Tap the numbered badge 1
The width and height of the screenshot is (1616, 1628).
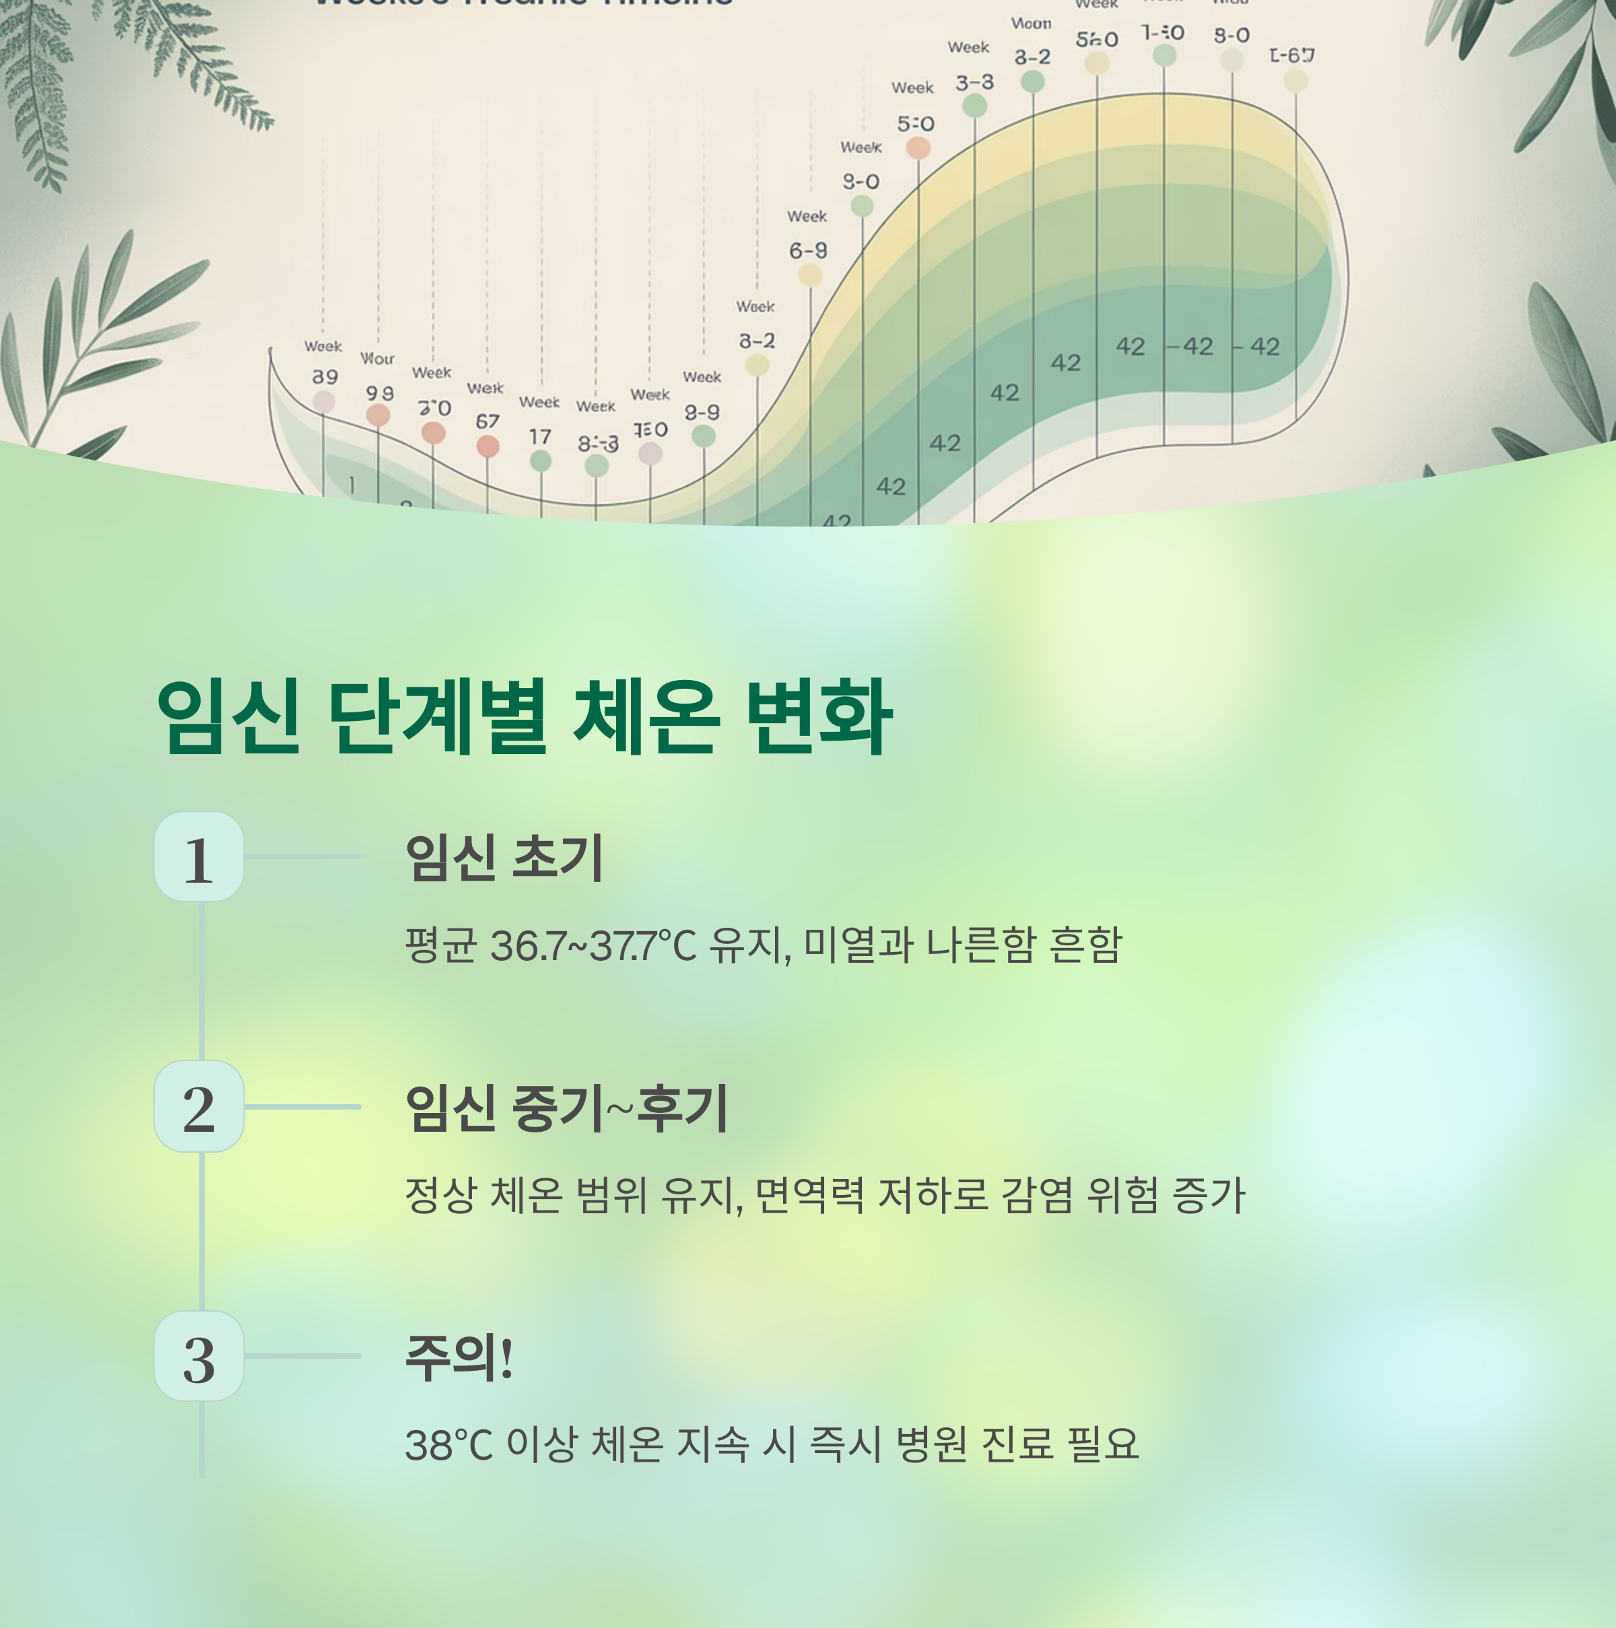(199, 857)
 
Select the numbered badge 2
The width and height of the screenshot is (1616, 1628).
(199, 1106)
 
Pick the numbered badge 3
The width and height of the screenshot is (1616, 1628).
(199, 1357)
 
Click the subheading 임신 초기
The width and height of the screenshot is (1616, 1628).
(504, 858)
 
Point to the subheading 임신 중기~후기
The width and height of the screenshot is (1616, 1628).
(566, 1108)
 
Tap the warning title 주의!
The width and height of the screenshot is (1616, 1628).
(459, 1357)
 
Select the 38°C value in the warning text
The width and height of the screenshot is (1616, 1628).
(448, 1445)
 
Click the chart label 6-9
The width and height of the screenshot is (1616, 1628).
(808, 251)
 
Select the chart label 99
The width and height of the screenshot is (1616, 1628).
(379, 393)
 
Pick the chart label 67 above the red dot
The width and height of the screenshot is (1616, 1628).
(487, 421)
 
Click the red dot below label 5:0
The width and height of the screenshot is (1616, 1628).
(918, 148)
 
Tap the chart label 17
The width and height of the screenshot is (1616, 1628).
(540, 436)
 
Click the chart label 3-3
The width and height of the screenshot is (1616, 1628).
(974, 83)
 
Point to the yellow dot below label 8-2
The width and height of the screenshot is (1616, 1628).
(757, 365)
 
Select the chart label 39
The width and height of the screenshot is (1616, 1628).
(325, 376)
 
